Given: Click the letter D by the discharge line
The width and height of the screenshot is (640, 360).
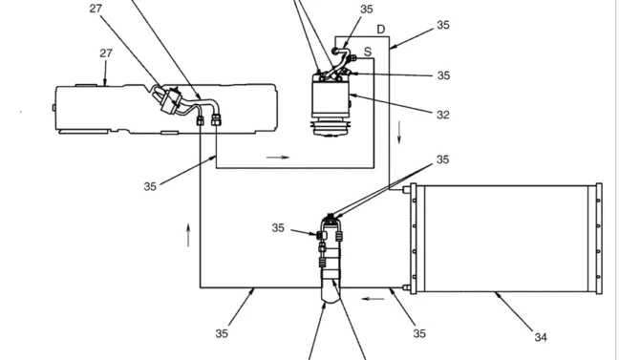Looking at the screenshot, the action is [x=380, y=30].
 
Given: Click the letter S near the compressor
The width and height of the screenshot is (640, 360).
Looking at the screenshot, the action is [x=368, y=52].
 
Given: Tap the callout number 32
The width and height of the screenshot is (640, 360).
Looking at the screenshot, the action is [x=443, y=116].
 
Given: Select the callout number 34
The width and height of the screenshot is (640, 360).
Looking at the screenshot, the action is [x=541, y=337].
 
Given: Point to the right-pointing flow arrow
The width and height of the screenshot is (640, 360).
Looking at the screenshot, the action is [x=278, y=158].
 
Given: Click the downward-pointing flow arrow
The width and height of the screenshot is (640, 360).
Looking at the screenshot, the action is [x=399, y=132].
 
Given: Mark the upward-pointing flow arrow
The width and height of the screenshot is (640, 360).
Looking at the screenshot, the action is [x=188, y=235].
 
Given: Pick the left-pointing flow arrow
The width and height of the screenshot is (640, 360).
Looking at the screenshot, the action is [x=373, y=299].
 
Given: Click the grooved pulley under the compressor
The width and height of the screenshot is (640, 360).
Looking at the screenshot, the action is [x=330, y=127].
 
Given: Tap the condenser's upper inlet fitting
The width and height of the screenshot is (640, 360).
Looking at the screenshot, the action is [x=407, y=190].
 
